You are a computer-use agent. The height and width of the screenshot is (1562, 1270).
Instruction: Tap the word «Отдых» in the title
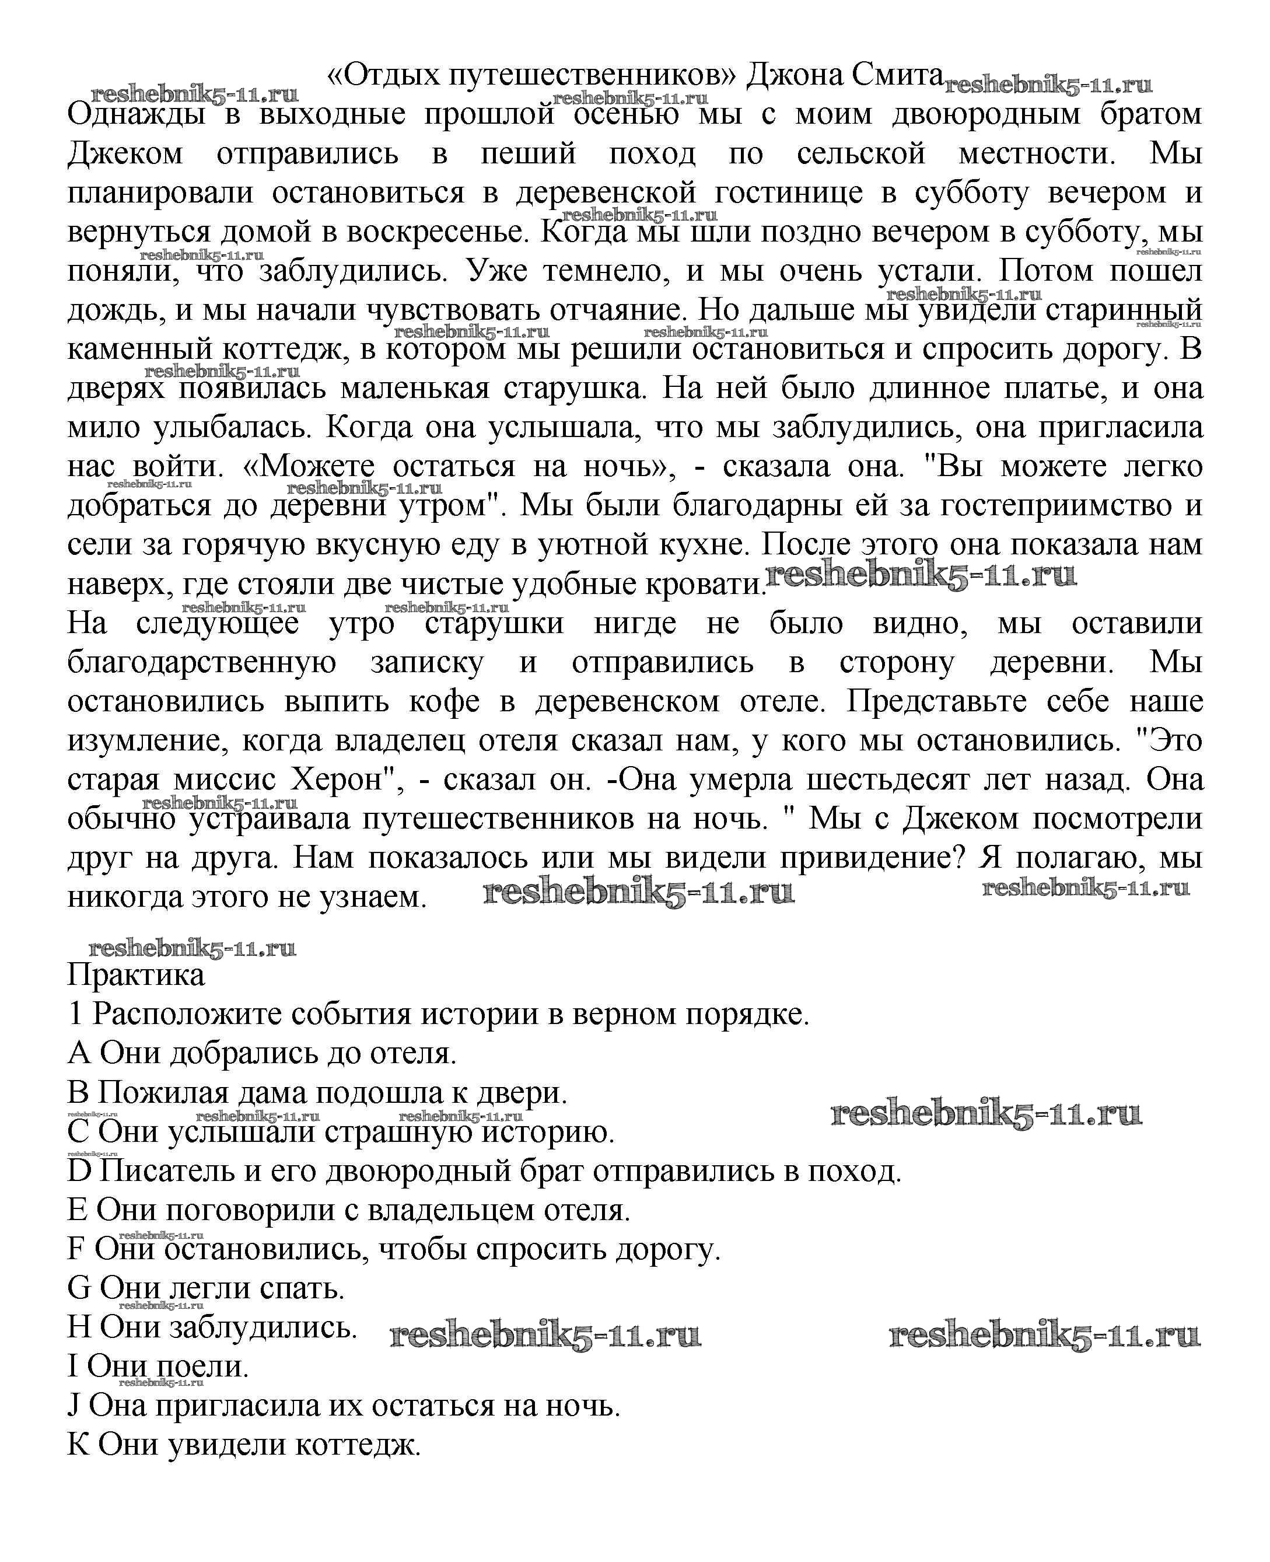pyautogui.click(x=382, y=75)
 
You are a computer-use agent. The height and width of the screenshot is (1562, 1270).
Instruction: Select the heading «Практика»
pyautogui.click(x=136, y=975)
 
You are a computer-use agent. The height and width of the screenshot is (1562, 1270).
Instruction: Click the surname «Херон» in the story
pyautogui.click(x=342, y=779)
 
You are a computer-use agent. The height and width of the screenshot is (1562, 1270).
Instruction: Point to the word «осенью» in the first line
pyautogui.click(x=626, y=115)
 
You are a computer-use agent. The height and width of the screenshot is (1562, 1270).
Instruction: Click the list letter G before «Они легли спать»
pyautogui.click(x=78, y=1288)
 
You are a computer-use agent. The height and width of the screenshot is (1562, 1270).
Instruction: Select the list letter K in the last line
pyautogui.click(x=77, y=1445)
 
